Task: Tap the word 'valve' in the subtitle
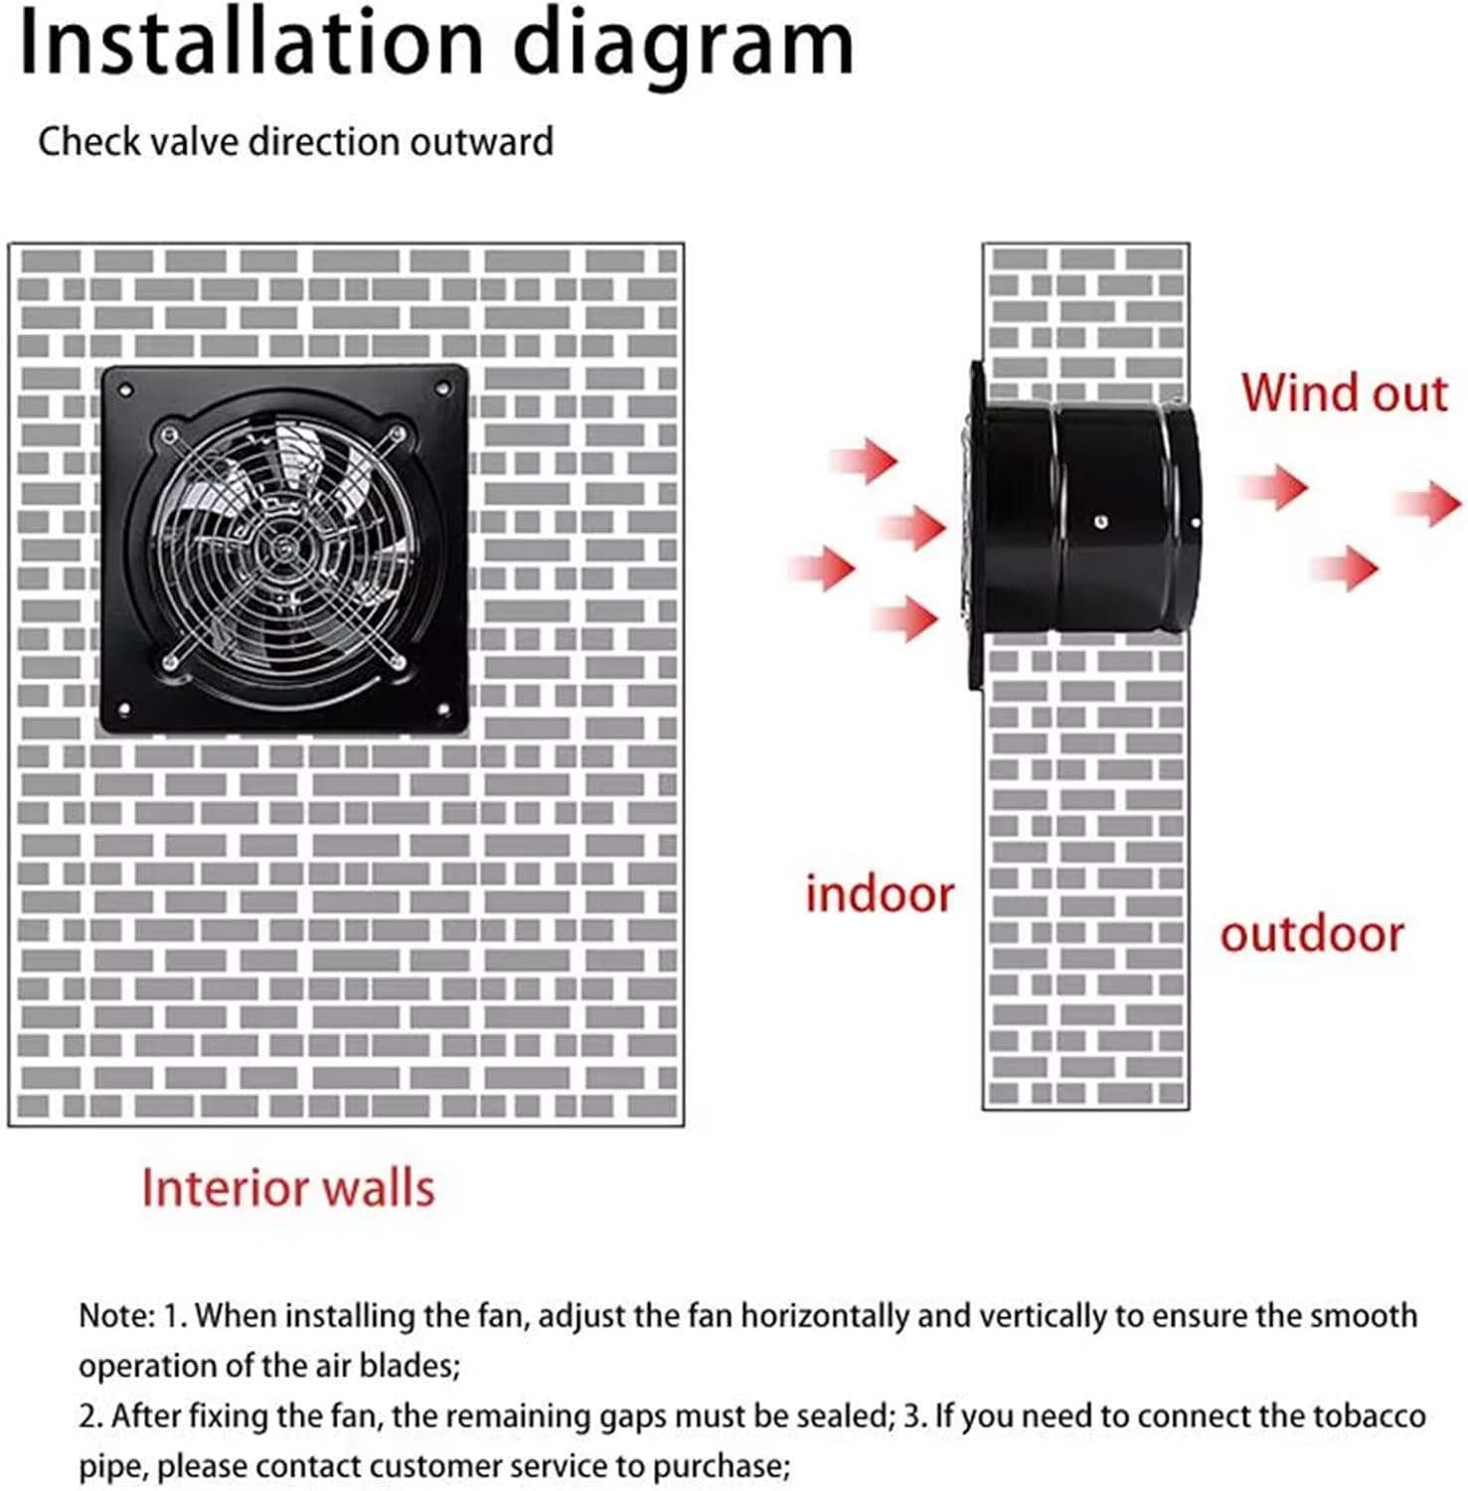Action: (x=194, y=141)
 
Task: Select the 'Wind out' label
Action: (x=1344, y=393)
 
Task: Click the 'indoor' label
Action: (x=880, y=894)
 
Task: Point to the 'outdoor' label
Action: (x=1311, y=934)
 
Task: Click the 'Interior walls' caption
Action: (x=288, y=1188)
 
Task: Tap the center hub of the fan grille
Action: (x=284, y=546)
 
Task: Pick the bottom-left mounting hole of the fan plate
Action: (x=125, y=709)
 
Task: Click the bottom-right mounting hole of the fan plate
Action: (x=443, y=709)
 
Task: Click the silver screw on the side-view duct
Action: (x=1100, y=522)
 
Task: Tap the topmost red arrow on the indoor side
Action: (x=865, y=460)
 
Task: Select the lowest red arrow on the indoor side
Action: (x=906, y=619)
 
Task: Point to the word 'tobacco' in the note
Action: (x=1360, y=1415)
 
